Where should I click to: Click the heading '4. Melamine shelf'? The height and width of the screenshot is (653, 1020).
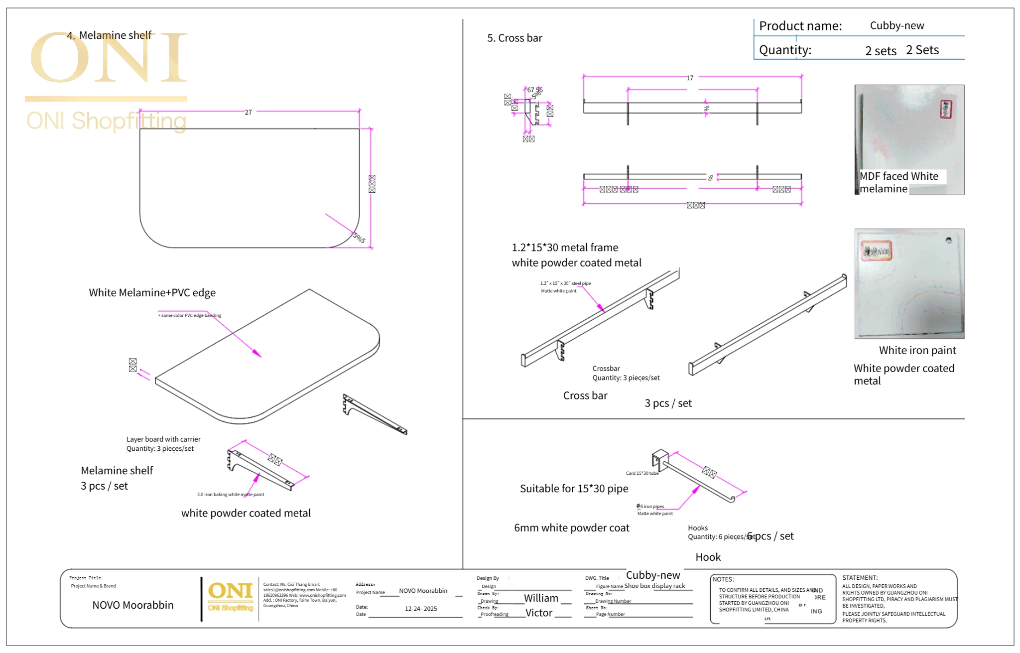(x=110, y=35)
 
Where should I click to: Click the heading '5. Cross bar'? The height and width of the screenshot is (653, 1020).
(x=514, y=38)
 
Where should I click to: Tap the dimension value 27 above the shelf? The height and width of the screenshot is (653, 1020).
(x=248, y=112)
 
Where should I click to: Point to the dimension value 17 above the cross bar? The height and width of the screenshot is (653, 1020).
(x=690, y=78)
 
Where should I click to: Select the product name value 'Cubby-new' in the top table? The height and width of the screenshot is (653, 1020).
(x=896, y=25)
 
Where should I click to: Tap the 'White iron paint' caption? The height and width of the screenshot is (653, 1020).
(x=917, y=350)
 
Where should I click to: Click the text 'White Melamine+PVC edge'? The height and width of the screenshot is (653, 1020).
(x=152, y=292)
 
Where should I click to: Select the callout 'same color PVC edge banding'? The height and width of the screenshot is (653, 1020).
(x=191, y=315)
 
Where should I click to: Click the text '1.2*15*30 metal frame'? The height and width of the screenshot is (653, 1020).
(x=565, y=248)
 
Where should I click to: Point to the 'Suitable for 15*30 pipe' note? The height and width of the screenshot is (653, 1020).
(x=574, y=489)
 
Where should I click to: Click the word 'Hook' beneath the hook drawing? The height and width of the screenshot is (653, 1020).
(x=708, y=557)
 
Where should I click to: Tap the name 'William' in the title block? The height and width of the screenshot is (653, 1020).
(x=540, y=598)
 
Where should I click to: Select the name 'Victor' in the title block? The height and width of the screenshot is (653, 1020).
(x=539, y=613)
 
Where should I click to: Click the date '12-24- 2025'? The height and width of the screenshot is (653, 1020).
(x=420, y=609)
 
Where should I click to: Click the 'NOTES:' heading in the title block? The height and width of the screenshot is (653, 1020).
(x=723, y=579)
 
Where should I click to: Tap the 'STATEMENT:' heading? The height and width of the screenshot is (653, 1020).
(x=860, y=578)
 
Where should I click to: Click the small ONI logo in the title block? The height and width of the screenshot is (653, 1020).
(x=230, y=595)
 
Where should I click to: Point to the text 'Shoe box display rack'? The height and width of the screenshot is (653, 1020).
(x=654, y=586)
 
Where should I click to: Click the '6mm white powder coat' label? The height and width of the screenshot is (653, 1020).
(x=571, y=528)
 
